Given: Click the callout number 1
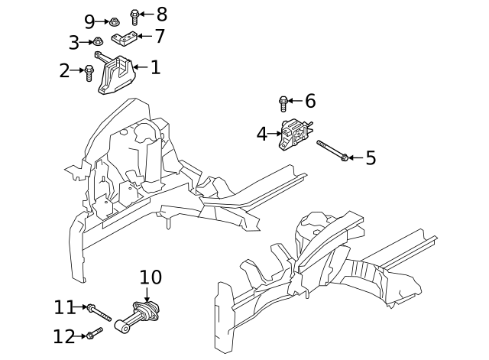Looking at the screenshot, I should (155, 67).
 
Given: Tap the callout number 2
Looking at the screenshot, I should (64, 71).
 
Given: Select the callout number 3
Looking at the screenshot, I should (74, 43).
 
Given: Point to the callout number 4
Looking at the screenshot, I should (262, 134).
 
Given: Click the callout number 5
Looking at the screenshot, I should (371, 157).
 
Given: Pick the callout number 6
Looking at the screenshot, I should (309, 101).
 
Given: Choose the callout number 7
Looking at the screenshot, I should (159, 36).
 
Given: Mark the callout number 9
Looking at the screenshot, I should (89, 21).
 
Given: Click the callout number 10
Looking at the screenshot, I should (151, 277).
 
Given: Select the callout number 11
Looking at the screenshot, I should (64, 307).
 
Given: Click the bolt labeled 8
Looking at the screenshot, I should (135, 15).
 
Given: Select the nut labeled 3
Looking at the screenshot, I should (98, 42).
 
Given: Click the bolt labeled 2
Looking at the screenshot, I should (89, 73).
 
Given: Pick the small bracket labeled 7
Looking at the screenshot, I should (125, 38).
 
